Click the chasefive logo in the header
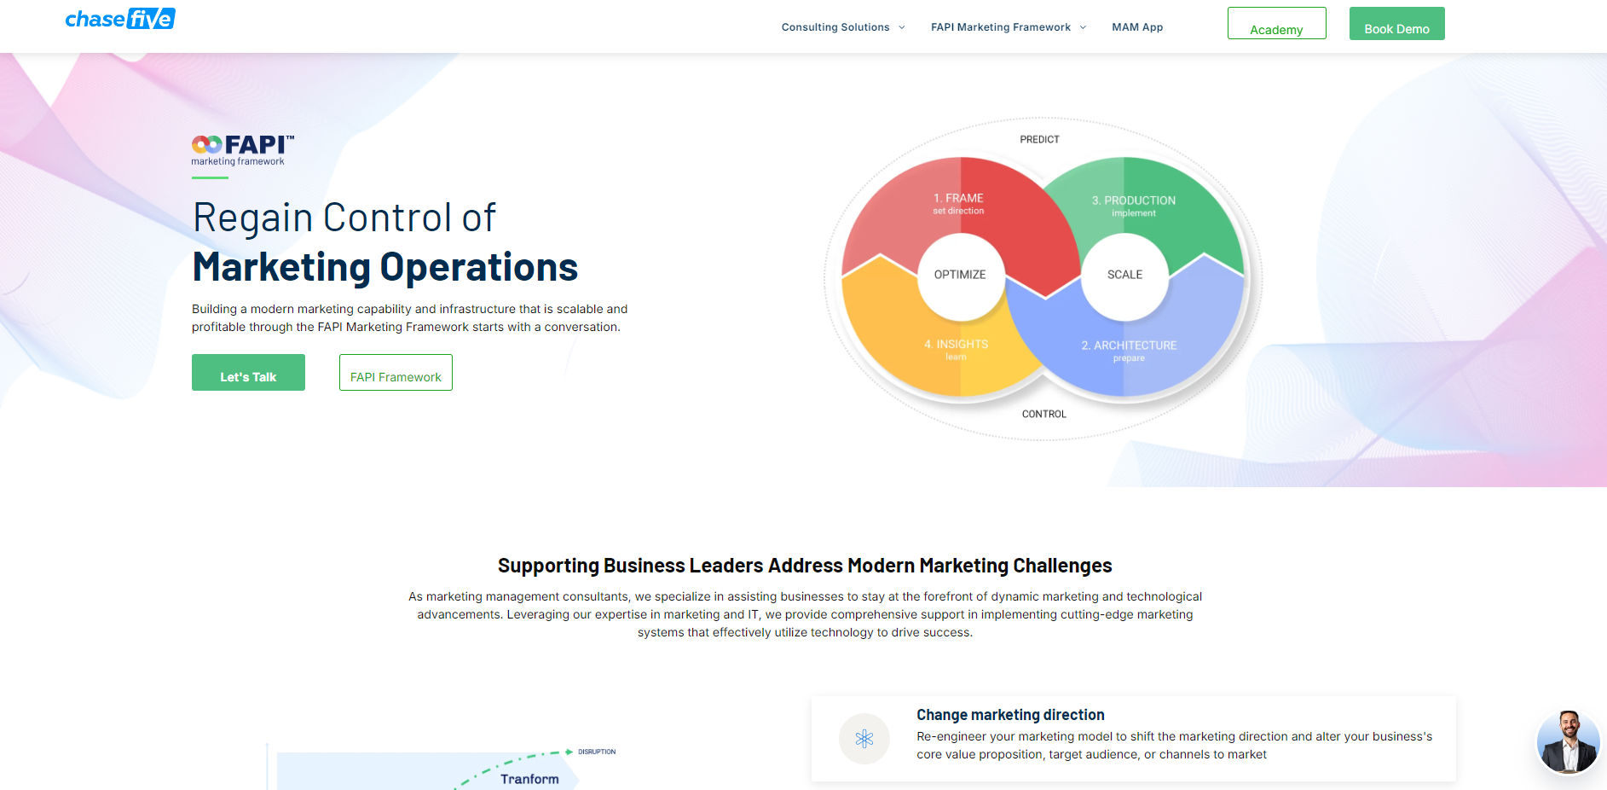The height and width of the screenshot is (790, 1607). coord(120,19)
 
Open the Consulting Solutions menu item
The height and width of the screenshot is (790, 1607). coord(835,27)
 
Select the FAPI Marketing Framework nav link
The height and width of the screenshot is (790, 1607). coord(1001,27)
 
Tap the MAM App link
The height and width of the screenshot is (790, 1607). coord(1137,27)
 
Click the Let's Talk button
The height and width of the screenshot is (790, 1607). coord(248,373)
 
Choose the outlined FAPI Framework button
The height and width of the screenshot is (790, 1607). coord(396,373)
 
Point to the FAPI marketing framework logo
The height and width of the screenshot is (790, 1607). coord(242,150)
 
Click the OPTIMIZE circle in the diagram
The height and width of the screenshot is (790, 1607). coord(960,275)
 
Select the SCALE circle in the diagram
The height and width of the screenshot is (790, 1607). coord(1124,275)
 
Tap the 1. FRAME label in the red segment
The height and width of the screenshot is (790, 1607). coord(958,203)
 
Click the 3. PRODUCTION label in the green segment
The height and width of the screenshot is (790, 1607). coord(1134,206)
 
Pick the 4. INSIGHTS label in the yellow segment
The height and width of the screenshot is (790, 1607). coord(957,349)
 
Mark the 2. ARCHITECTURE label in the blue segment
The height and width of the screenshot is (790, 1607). coord(1129,351)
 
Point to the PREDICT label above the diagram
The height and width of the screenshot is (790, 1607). coord(1039,139)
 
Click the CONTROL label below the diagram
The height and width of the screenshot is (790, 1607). coord(1043,414)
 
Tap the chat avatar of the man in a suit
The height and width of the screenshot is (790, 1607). coord(1568,742)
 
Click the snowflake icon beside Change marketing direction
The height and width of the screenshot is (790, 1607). coord(864,739)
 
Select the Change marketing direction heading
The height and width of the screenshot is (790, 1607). coord(1010,715)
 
